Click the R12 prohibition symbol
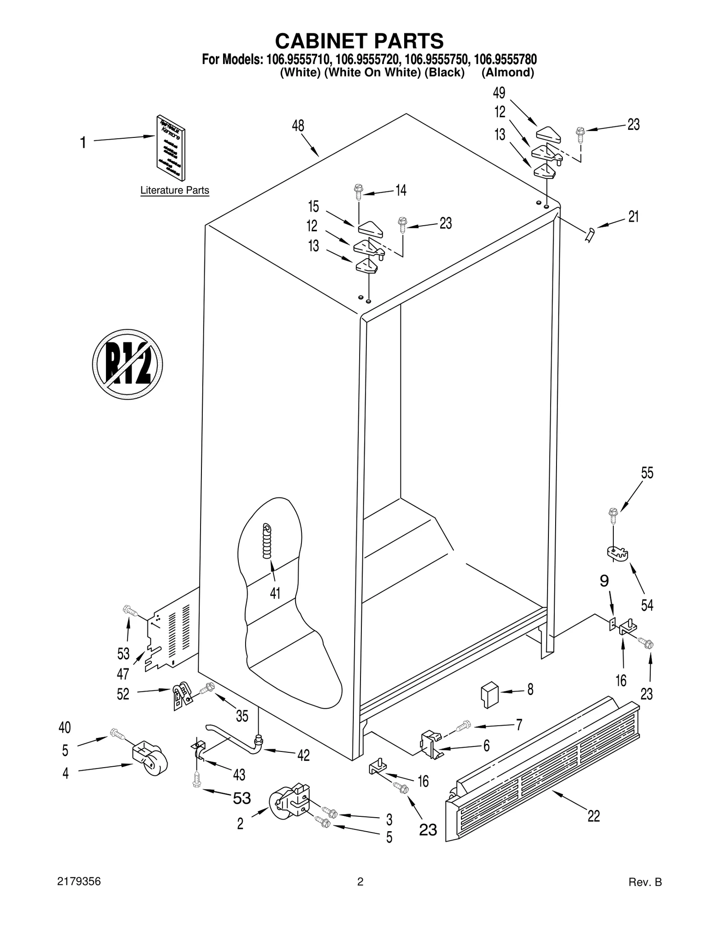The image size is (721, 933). [x=127, y=364]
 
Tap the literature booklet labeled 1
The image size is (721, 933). [x=171, y=147]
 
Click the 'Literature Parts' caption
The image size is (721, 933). [x=174, y=191]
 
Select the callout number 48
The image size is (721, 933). [x=298, y=126]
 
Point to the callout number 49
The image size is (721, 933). [x=499, y=93]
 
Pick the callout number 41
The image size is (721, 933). [x=275, y=593]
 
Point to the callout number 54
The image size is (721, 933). [x=647, y=605]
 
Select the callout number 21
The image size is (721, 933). [x=634, y=217]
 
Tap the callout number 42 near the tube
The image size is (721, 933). [x=303, y=756]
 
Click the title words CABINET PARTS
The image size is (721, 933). [x=359, y=41]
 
